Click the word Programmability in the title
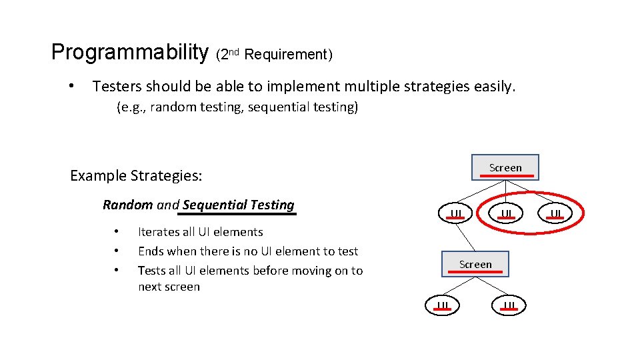[x=130, y=52]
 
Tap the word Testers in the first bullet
[x=117, y=86]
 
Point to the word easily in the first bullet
[x=494, y=86]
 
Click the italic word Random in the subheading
[x=128, y=205]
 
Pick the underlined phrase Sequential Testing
[x=238, y=205]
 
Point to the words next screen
[x=169, y=287]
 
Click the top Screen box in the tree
[x=505, y=167]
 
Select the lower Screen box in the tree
[x=475, y=265]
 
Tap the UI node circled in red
[x=507, y=213]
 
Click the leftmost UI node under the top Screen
[x=456, y=213]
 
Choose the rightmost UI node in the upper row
[x=556, y=213]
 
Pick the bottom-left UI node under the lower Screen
[x=443, y=305]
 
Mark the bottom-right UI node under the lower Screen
[x=509, y=305]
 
